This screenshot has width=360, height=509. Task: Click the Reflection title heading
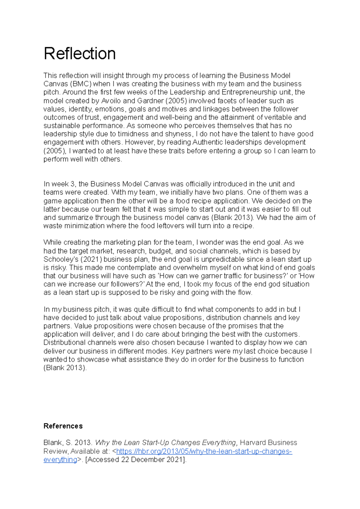(79, 54)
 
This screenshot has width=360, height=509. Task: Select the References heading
(63, 426)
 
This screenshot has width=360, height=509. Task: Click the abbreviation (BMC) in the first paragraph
(81, 84)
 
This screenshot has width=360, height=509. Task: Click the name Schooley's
(61, 259)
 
